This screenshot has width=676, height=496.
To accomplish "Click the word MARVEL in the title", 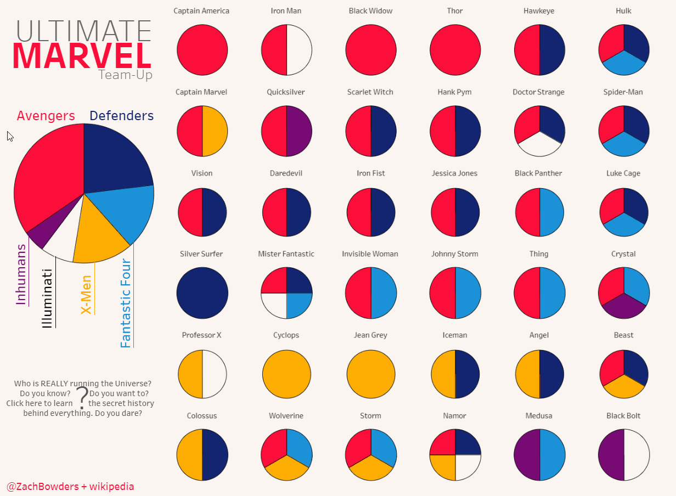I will click(81, 55).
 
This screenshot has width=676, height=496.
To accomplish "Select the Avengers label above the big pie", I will click(46, 116).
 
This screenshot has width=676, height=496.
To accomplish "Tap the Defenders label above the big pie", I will click(121, 116).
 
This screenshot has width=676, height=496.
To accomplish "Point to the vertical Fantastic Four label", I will click(126, 303).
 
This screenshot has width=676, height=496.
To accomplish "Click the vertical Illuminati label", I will click(48, 298).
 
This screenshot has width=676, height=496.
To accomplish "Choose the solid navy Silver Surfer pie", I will click(202, 294).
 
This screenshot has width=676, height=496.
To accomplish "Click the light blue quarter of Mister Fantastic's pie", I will click(298, 305).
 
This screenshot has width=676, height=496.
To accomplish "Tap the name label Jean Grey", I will click(371, 335).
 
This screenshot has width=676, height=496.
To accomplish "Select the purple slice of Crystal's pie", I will click(624, 307).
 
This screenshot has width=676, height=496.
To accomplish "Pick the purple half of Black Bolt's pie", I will click(611, 455).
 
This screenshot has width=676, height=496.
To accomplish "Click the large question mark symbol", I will click(81, 398).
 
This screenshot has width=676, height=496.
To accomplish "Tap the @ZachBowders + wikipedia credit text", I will click(70, 487).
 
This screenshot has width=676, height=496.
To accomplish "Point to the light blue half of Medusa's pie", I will click(553, 455).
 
